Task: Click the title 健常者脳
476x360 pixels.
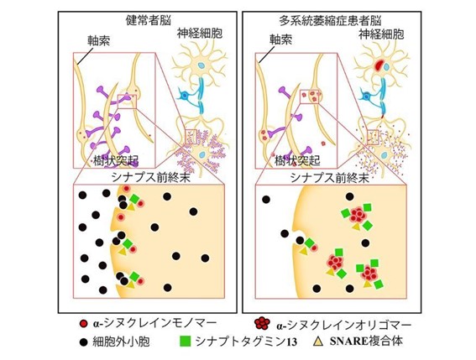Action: tap(148, 20)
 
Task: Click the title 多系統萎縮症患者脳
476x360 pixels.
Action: tap(330, 21)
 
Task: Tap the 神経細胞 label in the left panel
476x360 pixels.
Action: tap(200, 34)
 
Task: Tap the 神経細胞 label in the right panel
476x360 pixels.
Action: tap(381, 34)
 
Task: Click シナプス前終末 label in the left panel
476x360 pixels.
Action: tap(151, 177)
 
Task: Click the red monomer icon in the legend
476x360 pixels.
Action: tap(83, 324)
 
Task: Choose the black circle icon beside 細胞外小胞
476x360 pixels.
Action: tap(83, 342)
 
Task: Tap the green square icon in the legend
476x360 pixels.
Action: tap(186, 342)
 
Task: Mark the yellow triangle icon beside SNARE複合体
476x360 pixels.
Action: tap(318, 342)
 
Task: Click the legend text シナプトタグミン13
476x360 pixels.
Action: tap(246, 342)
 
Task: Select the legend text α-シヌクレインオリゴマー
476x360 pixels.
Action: tap(344, 325)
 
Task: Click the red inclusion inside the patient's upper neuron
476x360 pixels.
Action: tap(379, 65)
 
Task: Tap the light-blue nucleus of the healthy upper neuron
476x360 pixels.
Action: tap(201, 65)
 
